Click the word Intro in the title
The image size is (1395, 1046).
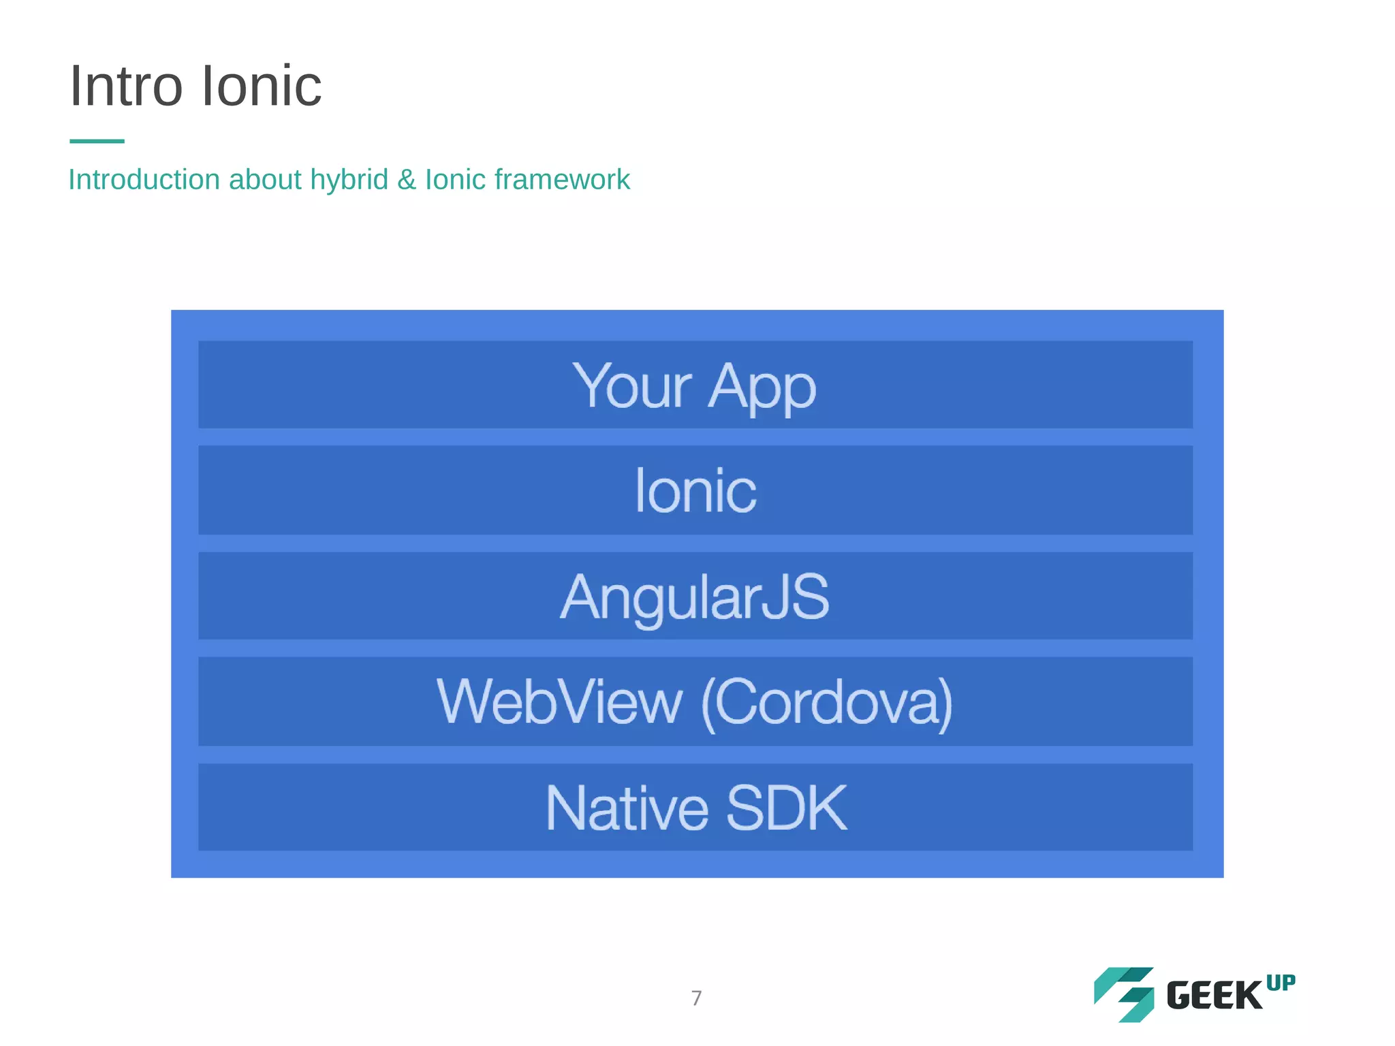(x=126, y=86)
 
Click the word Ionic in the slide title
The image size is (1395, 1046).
(x=262, y=86)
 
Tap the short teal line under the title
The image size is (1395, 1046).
(x=97, y=141)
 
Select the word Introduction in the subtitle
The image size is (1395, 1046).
(x=144, y=180)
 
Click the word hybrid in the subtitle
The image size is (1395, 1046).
(x=349, y=180)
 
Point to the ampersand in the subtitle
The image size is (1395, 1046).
(x=407, y=180)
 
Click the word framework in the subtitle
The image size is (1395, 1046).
(x=562, y=180)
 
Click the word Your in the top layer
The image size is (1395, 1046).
(x=631, y=386)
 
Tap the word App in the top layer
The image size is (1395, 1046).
(x=761, y=386)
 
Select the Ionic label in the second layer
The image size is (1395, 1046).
(x=695, y=490)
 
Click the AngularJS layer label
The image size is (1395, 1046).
(x=695, y=597)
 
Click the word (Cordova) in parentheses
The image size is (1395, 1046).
(x=826, y=702)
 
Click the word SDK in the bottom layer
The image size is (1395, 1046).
(x=786, y=808)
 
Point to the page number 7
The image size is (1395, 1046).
(x=696, y=998)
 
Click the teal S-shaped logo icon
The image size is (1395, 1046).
(x=1124, y=994)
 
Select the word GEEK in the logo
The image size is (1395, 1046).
(x=1214, y=996)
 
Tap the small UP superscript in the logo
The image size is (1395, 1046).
(x=1281, y=983)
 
